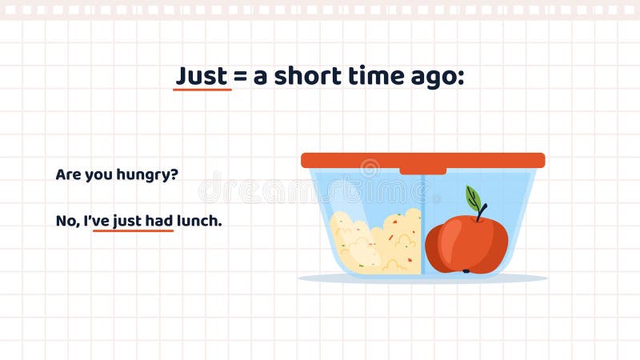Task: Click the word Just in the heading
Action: coord(202,76)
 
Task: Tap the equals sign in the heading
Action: coord(239,77)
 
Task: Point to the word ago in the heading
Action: coord(436,78)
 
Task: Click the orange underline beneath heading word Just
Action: coord(202,90)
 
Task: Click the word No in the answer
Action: coord(65,221)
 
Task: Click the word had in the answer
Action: coord(159,221)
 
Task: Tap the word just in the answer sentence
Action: coord(126,221)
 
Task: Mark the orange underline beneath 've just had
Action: coord(133,230)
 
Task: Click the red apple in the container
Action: coord(466,245)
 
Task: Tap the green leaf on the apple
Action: coord(473,198)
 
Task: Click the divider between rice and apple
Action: coord(422,224)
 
